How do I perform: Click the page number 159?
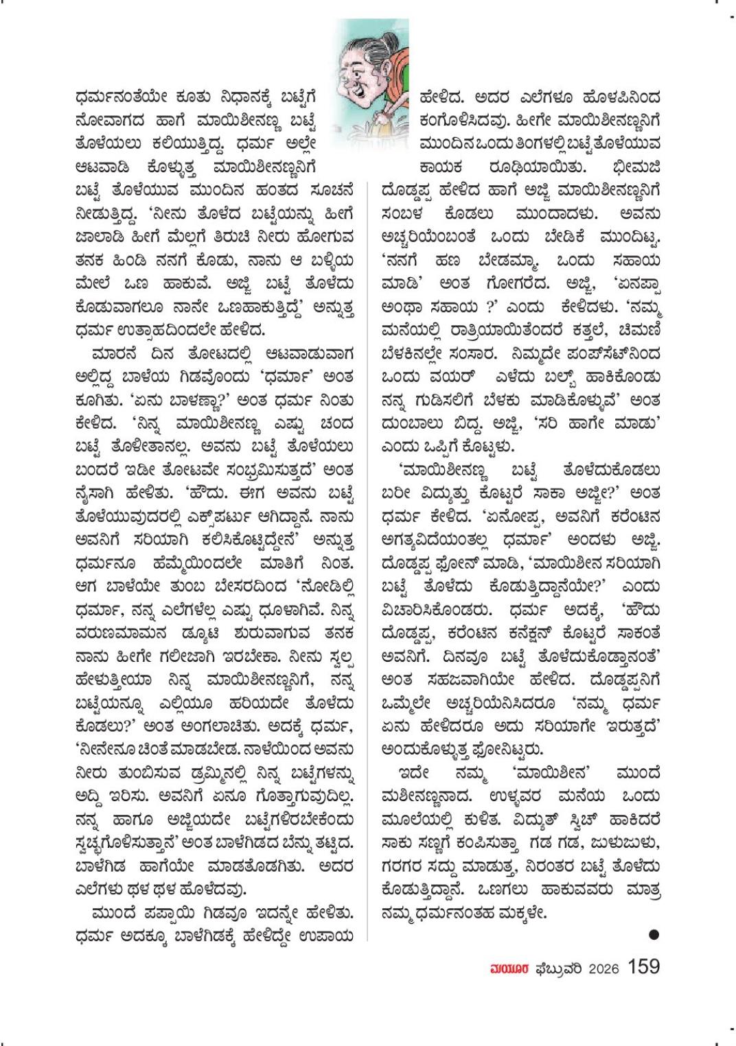coord(644,966)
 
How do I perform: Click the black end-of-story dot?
coord(654,934)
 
